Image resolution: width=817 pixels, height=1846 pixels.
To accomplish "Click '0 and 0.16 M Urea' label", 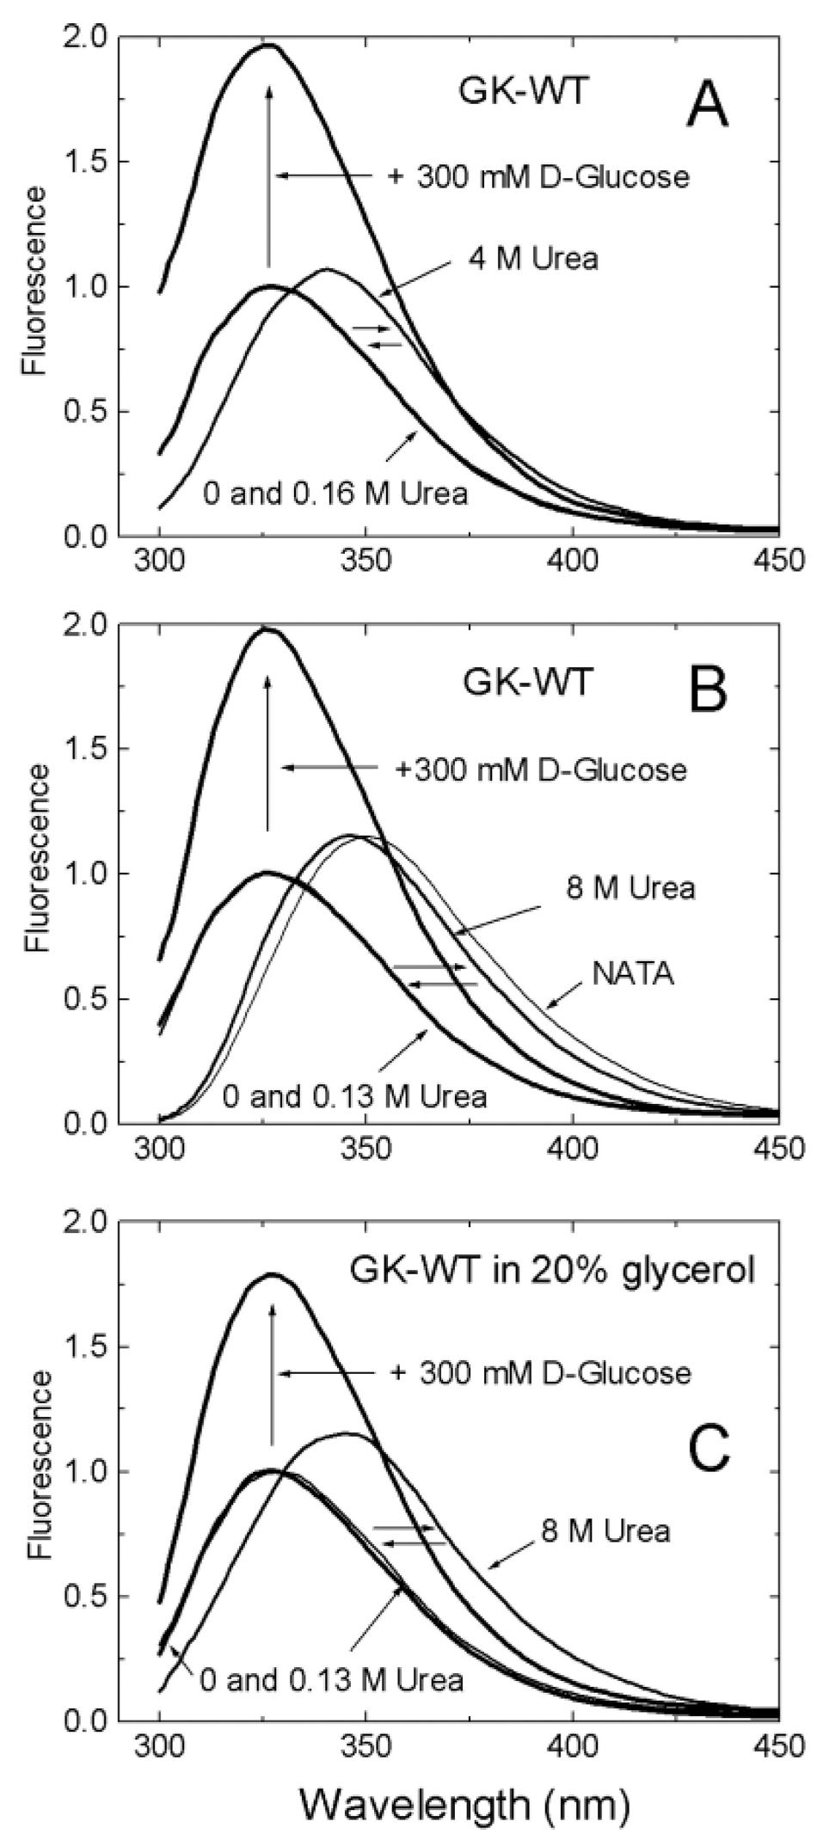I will click(335, 494).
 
